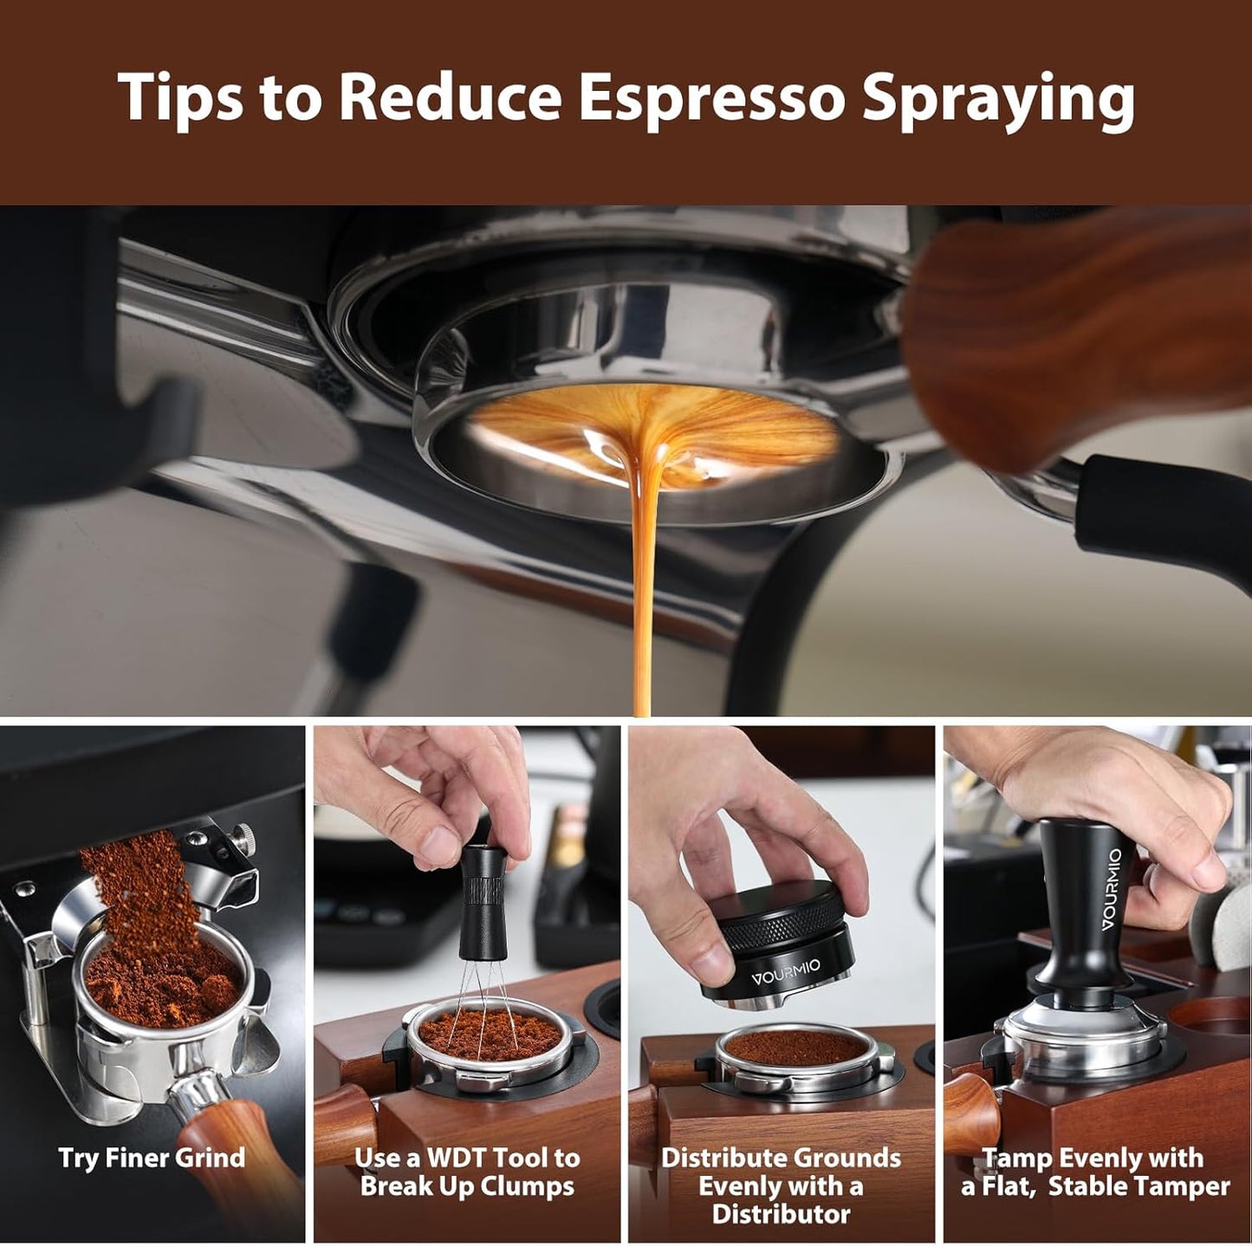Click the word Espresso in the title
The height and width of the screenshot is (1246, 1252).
(x=710, y=97)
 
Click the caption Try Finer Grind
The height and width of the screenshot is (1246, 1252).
(x=152, y=1158)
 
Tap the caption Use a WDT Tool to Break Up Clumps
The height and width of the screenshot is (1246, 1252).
(x=467, y=1171)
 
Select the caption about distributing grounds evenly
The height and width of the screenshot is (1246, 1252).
(x=781, y=1185)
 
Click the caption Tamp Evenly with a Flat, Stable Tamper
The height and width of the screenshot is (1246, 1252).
(x=1094, y=1171)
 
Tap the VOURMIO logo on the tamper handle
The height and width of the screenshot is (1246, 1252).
(x=1112, y=890)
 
